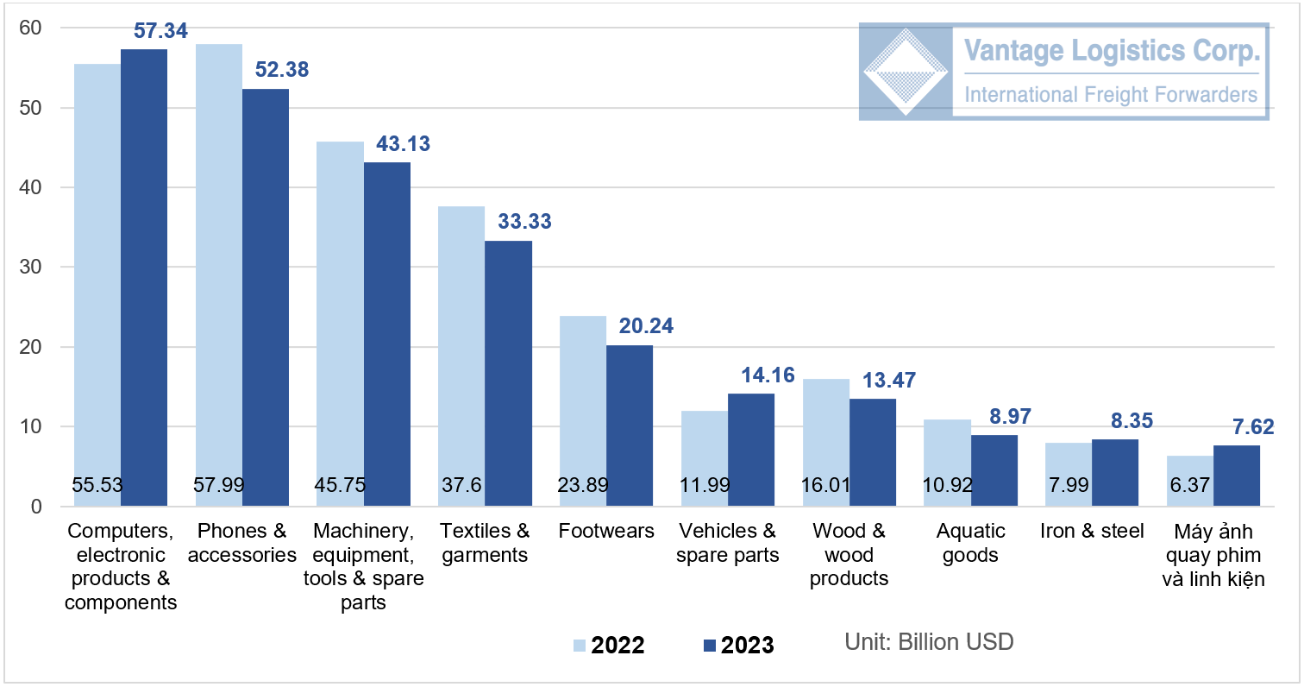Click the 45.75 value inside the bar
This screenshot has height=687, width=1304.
click(339, 485)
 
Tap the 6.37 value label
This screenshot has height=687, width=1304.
click(1187, 485)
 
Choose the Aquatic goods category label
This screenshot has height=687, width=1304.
click(970, 543)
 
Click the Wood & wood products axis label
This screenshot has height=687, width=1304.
click(849, 554)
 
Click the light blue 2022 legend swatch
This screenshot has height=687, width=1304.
click(580, 645)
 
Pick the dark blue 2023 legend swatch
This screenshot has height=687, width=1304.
click(710, 645)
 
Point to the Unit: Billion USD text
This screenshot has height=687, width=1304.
click(929, 642)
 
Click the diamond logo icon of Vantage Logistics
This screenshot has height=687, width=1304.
click(906, 72)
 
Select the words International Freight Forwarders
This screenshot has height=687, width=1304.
click(1111, 93)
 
